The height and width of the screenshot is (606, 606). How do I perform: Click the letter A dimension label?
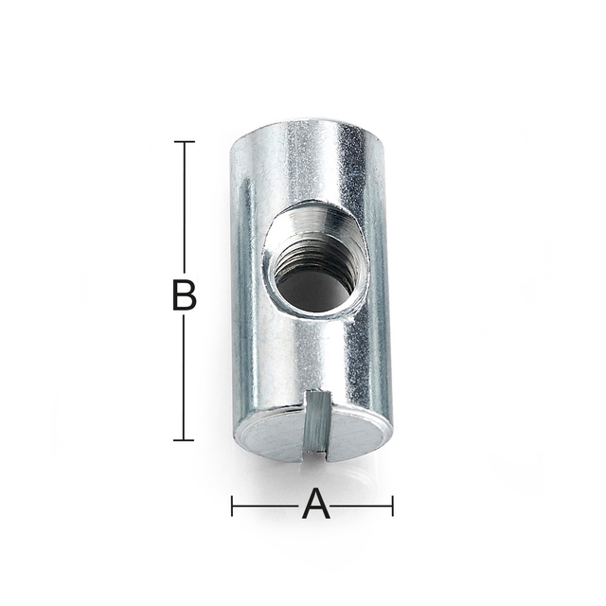[316, 506]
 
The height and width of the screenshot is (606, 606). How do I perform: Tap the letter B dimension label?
[184, 295]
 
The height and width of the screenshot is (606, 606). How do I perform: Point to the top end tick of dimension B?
[184, 142]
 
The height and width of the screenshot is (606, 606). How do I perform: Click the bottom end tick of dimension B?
[184, 439]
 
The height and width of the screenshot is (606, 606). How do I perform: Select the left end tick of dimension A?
[233, 506]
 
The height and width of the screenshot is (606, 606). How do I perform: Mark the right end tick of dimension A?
[392, 506]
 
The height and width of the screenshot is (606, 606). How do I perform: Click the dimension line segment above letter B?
[184, 208]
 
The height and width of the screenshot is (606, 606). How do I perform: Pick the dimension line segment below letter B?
[184, 379]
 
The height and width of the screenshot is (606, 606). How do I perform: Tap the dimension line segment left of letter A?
[265, 506]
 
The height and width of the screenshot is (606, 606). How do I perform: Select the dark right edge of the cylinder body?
[383, 284]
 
